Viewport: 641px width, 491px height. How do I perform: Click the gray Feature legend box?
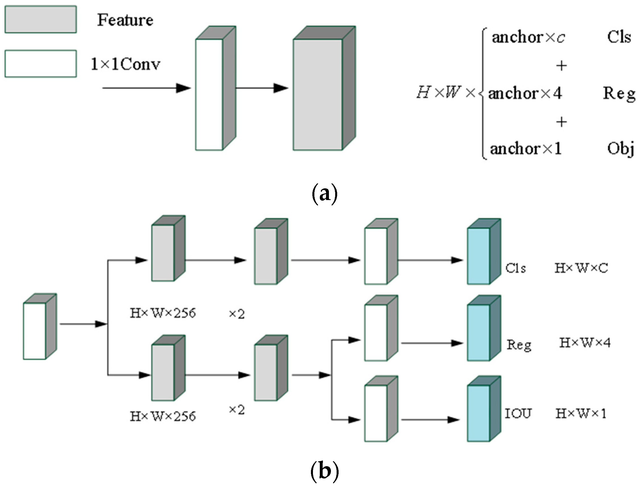41,20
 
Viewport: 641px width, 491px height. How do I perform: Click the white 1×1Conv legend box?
41,64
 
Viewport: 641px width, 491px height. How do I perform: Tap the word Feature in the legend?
125,20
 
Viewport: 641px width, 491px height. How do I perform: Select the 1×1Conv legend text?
125,64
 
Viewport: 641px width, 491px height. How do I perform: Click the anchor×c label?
528,37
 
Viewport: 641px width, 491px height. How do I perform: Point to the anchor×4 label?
525,93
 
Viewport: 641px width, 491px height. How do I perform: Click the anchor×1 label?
526,148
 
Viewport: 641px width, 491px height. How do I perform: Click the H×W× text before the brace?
446,93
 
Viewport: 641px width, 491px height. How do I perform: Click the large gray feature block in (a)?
318,94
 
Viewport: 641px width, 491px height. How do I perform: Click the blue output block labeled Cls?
478,256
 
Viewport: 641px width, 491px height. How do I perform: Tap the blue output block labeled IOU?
478,413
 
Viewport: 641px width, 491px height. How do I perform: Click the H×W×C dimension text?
581,268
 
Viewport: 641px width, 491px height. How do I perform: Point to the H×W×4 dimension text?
585,343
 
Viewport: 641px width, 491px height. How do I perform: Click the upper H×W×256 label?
162,313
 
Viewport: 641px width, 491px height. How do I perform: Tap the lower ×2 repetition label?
237,410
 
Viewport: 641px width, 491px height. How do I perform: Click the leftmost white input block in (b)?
34,331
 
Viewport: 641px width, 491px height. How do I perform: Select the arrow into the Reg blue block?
432,343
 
